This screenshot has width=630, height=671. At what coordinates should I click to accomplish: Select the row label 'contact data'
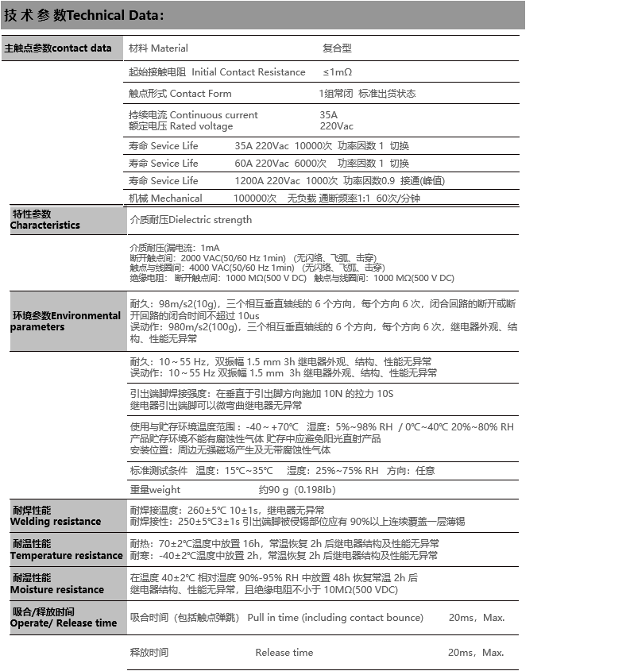click(82, 48)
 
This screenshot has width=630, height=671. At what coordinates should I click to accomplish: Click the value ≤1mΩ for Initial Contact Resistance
click(337, 72)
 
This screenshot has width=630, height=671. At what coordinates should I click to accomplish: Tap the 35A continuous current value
click(328, 115)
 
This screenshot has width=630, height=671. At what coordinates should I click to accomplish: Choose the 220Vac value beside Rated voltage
click(337, 126)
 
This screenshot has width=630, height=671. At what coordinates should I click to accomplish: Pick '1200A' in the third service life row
click(249, 181)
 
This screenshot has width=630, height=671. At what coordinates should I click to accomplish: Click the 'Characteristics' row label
click(44, 226)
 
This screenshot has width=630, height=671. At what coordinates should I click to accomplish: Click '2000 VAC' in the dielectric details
click(203, 258)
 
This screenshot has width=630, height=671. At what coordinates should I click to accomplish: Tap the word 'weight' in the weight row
click(164, 490)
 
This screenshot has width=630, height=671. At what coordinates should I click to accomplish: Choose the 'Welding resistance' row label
click(55, 522)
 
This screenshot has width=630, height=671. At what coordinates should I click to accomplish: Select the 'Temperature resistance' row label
click(66, 556)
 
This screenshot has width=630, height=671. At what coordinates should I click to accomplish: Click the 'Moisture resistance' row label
click(56, 590)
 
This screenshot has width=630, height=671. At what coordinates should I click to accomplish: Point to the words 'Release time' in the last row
click(284, 653)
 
